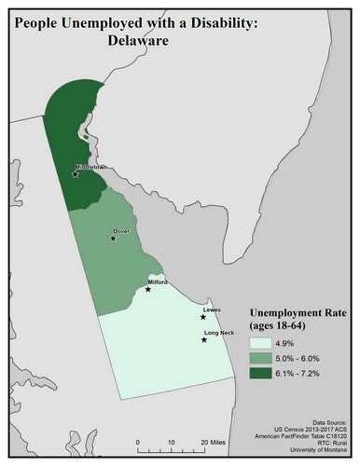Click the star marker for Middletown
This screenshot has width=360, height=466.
pos(76,173)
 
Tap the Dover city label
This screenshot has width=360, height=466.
pos(120,229)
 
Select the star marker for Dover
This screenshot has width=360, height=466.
pos(114,238)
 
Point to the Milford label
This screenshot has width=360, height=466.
pos(158,281)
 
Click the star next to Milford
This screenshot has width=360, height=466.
pos(147,289)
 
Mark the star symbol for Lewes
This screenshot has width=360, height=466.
pos(202,317)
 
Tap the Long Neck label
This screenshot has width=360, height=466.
pos(218,333)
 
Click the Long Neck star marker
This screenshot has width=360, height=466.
pos(204,341)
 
